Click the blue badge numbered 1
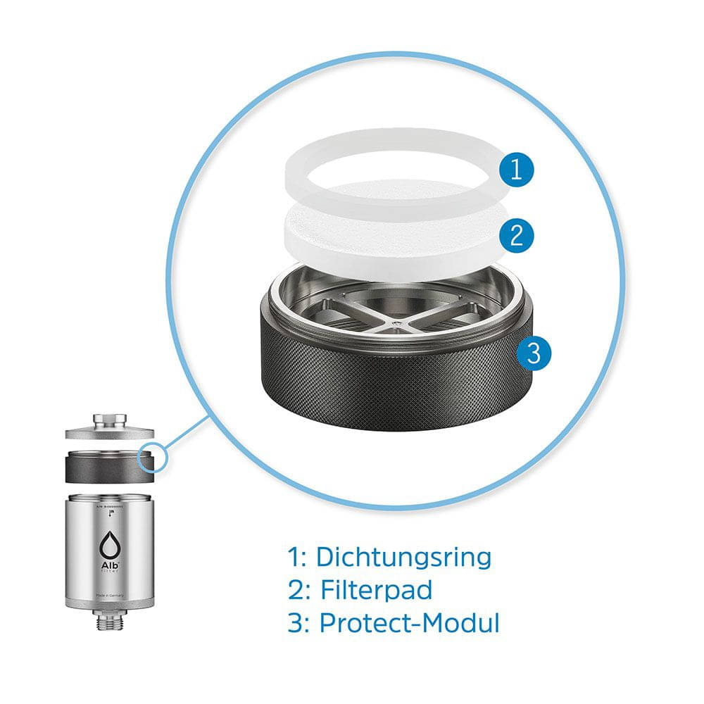tap(517, 170)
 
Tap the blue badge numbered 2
tap(517, 234)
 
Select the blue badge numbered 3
tap(534, 352)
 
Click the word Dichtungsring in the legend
tap(403, 557)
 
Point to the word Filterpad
tap(377, 590)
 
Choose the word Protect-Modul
tap(409, 623)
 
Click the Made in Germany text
tap(110, 596)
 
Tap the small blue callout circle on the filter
tap(153, 458)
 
